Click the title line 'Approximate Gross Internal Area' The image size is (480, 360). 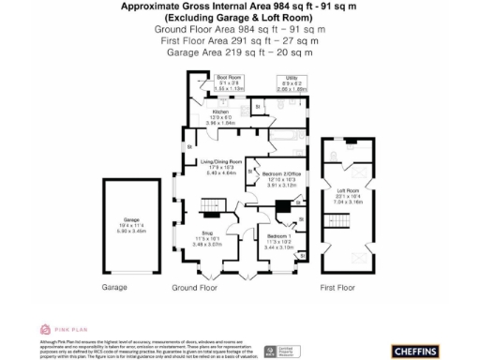[239, 7]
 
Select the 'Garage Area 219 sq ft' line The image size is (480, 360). [239, 52]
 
